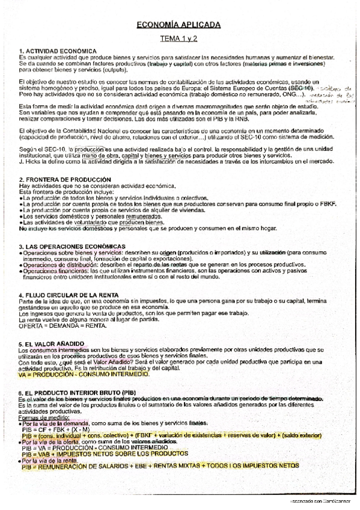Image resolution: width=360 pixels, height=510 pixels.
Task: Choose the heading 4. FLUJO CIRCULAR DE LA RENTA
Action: [69, 295]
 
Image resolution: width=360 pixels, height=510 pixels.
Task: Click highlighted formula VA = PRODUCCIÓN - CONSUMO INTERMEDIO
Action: [83, 374]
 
